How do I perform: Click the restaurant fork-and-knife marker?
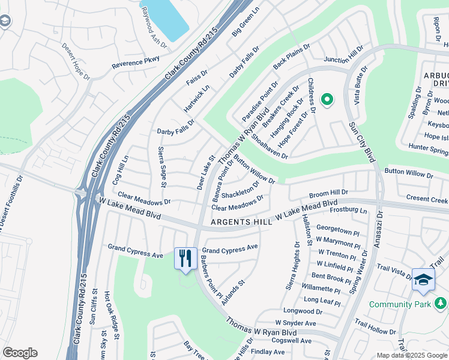185,259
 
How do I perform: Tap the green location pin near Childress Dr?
327,100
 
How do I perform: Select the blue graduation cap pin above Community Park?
423,280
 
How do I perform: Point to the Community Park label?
400,305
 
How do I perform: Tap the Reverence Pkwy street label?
136,62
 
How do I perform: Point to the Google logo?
20,353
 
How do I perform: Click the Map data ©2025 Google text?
412,355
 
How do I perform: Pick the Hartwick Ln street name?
196,98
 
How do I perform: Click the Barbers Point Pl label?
211,277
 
